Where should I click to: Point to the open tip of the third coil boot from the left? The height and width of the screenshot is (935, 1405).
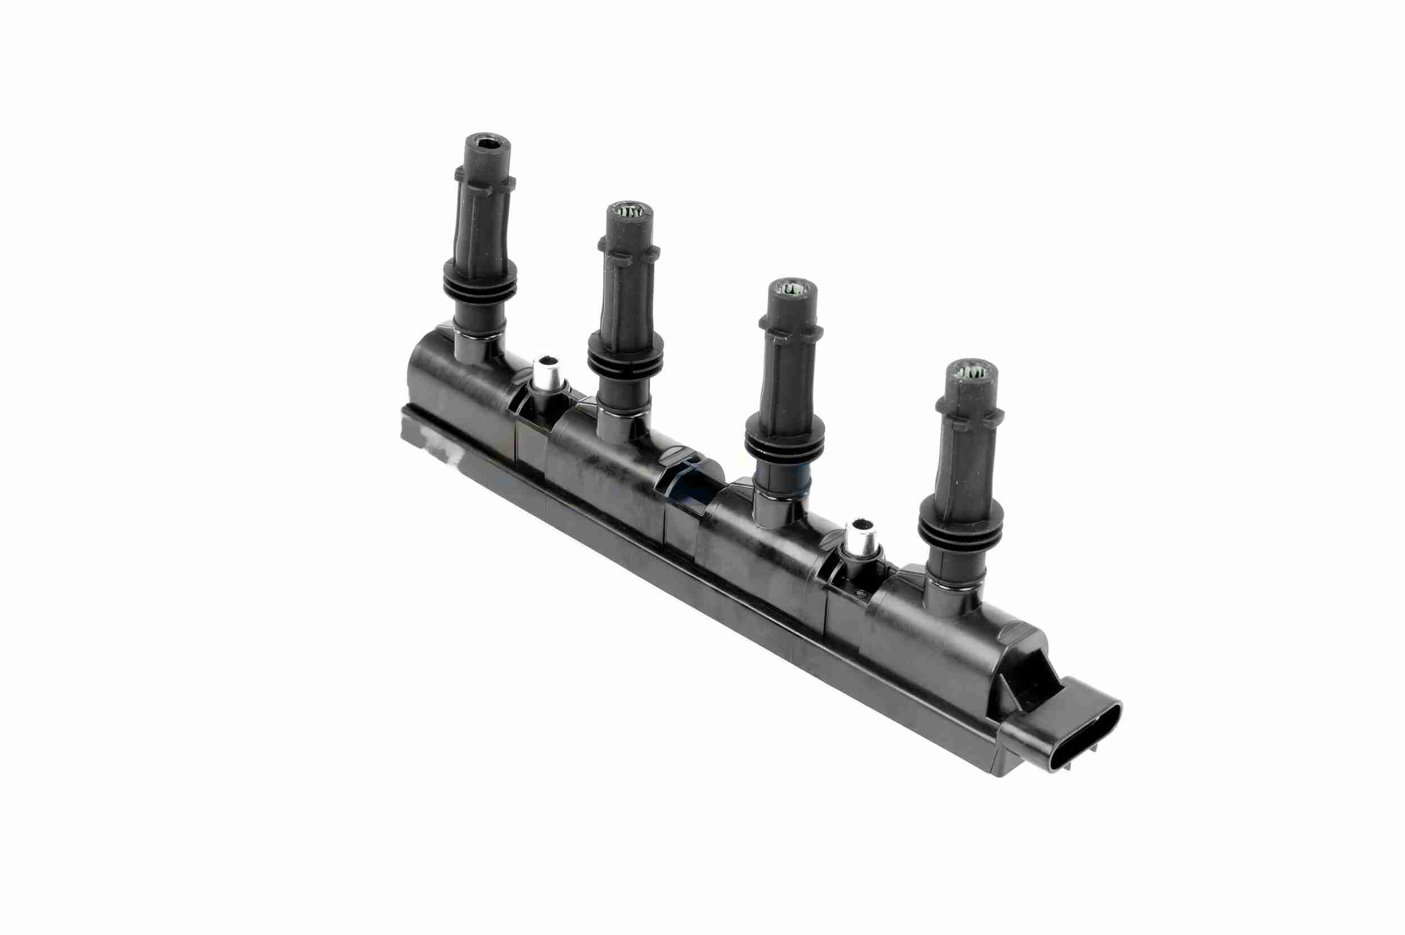click(792, 289)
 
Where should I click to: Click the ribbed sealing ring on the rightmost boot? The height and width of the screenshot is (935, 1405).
click(960, 524)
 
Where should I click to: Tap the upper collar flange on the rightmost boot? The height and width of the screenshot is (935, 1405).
click(966, 407)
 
